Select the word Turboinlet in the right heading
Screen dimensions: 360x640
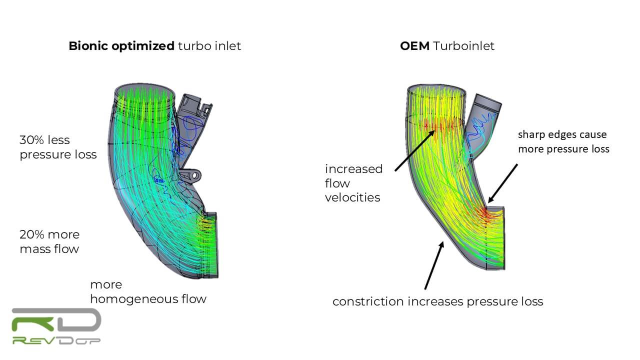[x=464, y=46]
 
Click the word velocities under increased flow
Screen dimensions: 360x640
[x=352, y=197]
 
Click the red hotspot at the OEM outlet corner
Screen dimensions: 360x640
[x=487, y=214]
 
